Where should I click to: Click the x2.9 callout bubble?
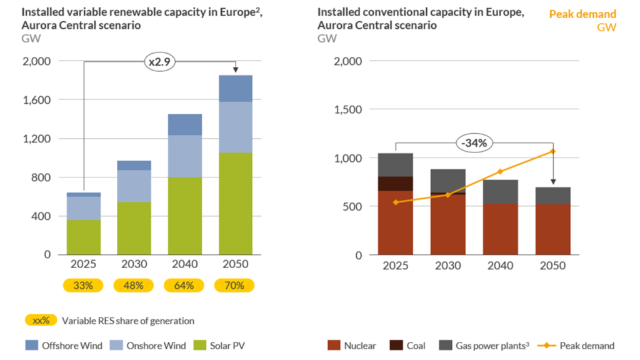159,62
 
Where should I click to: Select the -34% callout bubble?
474,143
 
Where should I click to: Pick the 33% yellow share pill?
83,286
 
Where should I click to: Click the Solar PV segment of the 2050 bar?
236,204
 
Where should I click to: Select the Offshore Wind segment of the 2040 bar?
184,124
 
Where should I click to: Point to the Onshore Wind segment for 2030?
134,186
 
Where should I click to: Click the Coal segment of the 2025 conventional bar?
396,184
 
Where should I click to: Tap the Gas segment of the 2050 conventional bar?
552,196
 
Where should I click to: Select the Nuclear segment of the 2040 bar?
500,229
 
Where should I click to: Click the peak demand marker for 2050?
552,151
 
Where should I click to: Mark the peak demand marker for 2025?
396,202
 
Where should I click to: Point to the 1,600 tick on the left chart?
37,100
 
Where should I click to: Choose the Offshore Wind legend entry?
65,345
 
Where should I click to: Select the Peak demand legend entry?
580,345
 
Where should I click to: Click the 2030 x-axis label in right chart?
447,266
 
